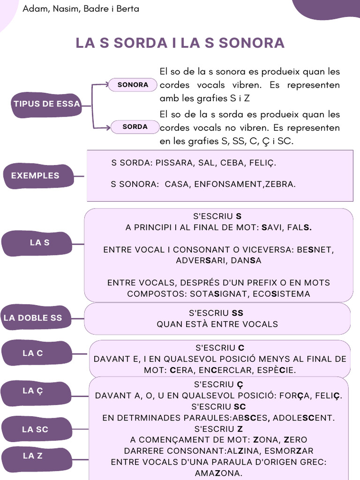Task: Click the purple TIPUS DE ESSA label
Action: (x=47, y=104)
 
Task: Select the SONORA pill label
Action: (x=133, y=85)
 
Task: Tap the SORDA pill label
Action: (x=135, y=127)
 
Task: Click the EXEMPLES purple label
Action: (x=35, y=176)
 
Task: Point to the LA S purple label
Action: (x=39, y=243)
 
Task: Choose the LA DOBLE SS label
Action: (x=33, y=318)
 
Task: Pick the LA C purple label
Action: (x=33, y=353)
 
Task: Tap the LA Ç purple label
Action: (x=33, y=391)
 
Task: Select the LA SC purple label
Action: (x=35, y=429)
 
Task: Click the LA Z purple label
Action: (x=33, y=456)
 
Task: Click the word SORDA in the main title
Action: (x=140, y=43)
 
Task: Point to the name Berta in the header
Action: (x=128, y=9)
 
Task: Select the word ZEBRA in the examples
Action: (x=280, y=184)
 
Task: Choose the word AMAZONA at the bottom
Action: (x=219, y=473)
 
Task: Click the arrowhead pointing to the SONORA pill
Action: (x=107, y=85)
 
